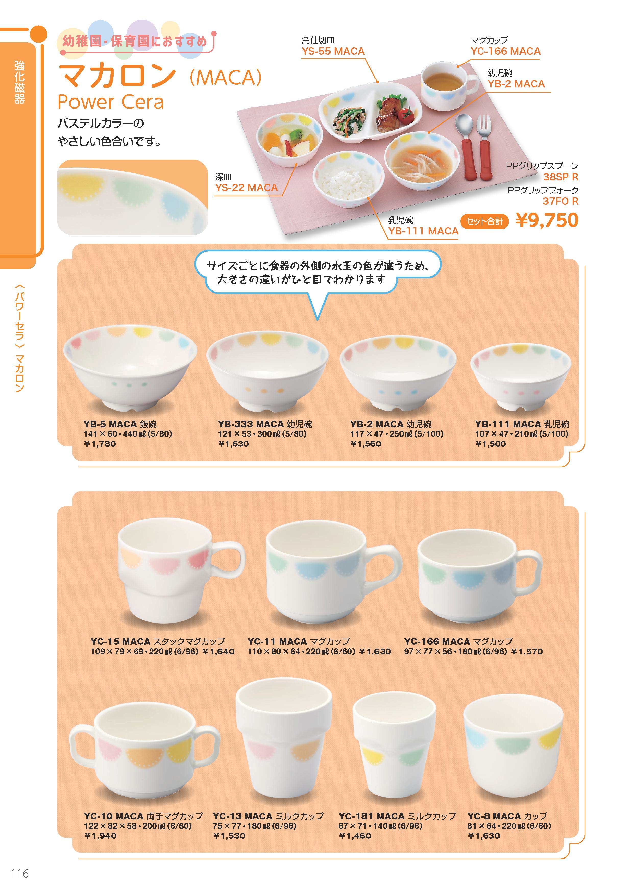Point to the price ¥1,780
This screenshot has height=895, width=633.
point(100,444)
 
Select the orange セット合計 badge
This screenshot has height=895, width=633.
point(485,221)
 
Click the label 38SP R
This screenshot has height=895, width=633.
point(561,177)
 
